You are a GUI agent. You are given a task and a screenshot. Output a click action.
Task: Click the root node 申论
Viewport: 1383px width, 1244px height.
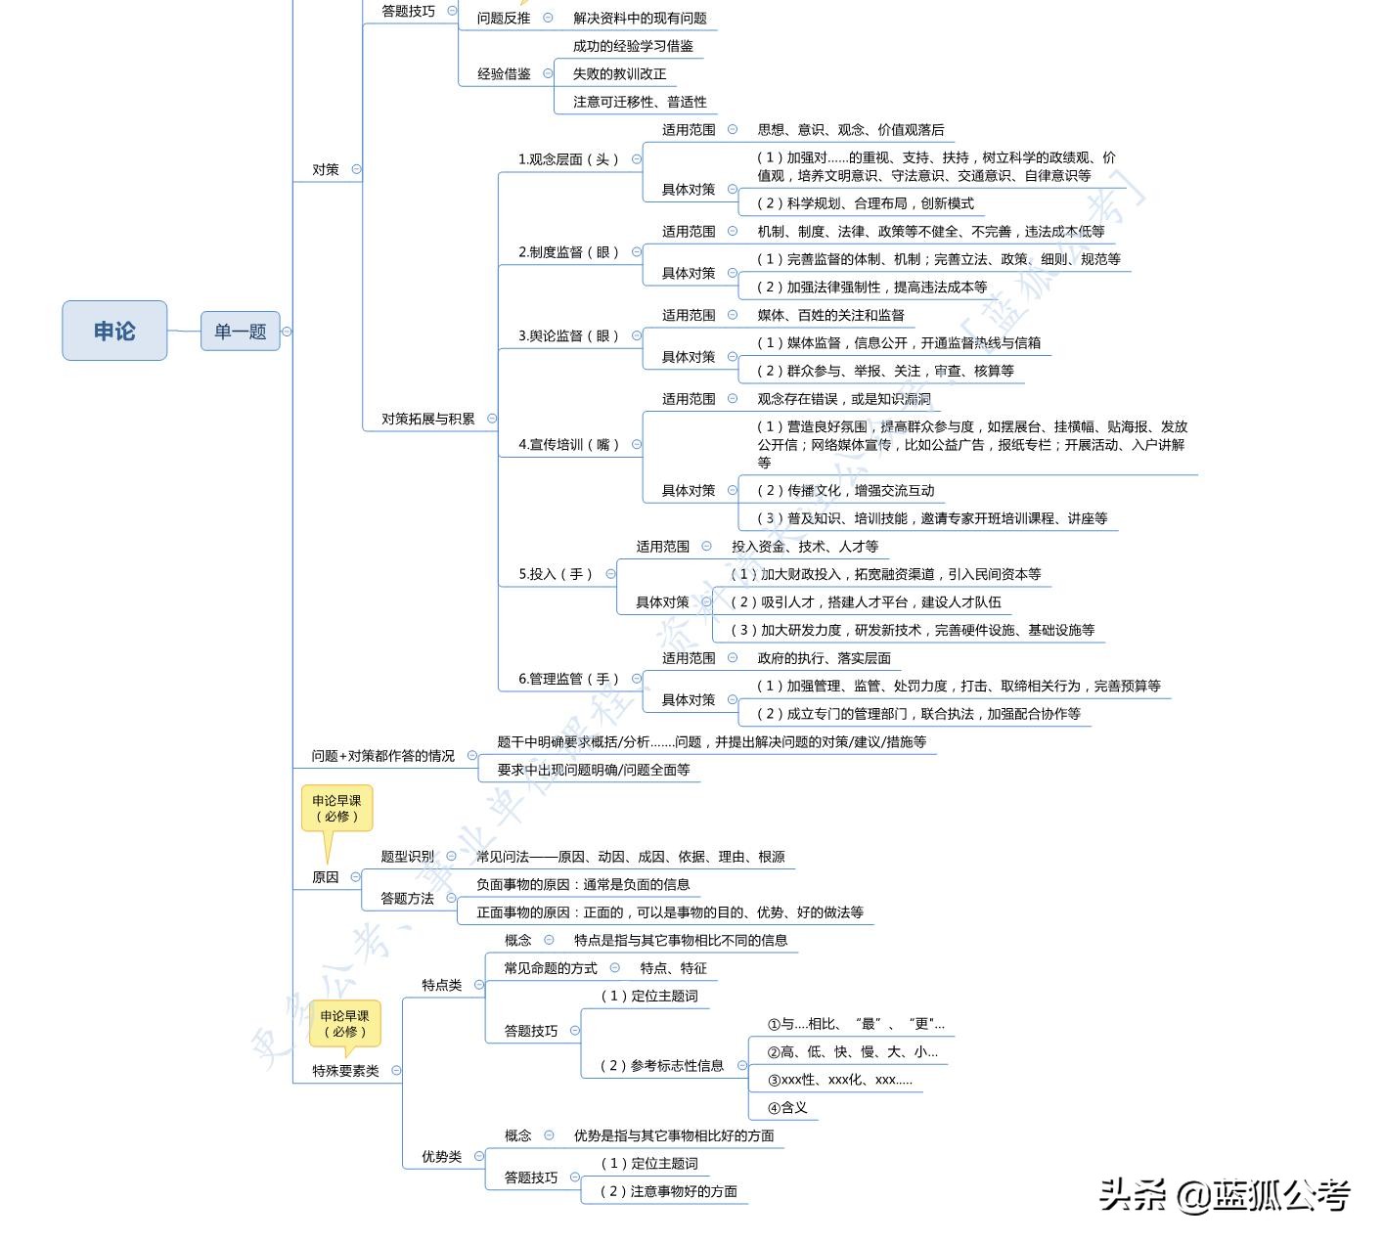[x=114, y=331]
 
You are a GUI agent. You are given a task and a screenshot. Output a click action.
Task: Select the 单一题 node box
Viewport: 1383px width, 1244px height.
[x=240, y=332]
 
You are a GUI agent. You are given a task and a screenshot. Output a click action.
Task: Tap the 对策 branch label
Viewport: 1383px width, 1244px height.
[x=326, y=169]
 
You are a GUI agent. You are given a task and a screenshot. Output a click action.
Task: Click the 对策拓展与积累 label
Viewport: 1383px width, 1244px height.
[x=427, y=419]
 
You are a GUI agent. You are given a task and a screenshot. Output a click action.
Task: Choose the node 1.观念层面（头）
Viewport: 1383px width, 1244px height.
[x=568, y=159]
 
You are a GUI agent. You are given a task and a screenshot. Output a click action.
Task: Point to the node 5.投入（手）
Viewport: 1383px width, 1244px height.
[x=556, y=574]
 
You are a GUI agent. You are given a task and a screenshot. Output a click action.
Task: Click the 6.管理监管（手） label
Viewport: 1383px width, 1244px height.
[x=568, y=679]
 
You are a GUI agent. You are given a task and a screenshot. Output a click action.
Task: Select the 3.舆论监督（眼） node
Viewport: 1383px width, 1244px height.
[x=568, y=335]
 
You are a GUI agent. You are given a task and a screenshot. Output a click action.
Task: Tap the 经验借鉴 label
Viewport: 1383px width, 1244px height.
[x=504, y=73]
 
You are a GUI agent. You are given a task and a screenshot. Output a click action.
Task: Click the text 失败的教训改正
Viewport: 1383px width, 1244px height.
[x=619, y=73]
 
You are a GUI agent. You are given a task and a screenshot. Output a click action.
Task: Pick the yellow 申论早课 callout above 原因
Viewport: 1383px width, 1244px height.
[x=336, y=809]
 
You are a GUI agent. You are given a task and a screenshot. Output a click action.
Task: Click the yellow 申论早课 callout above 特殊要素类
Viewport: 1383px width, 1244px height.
[x=344, y=1024]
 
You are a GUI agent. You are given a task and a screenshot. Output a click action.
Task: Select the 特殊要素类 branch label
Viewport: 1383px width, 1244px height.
[x=345, y=1071]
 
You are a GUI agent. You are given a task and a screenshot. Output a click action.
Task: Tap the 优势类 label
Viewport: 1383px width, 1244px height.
[x=441, y=1156]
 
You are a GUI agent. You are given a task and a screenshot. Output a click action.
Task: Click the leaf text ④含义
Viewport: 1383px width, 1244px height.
[x=787, y=1107]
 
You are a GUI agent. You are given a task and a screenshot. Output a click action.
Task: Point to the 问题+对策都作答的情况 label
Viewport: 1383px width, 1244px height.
[x=382, y=756]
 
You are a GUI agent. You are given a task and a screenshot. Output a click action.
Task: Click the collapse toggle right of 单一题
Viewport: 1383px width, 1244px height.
[x=287, y=332]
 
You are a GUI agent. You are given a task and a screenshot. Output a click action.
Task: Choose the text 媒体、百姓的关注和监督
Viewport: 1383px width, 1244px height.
[x=830, y=315]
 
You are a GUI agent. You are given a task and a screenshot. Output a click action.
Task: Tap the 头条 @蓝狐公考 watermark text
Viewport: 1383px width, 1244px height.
[x=1224, y=1195]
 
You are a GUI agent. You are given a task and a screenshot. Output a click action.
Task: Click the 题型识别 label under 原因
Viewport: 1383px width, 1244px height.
[x=407, y=857]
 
